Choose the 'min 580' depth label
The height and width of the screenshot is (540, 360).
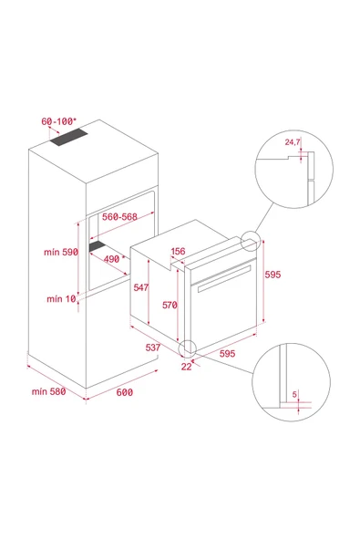[48, 391]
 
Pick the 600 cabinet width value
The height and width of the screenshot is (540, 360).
[124, 392]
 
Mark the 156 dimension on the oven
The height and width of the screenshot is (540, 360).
[179, 252]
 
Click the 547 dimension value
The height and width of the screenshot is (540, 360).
[139, 286]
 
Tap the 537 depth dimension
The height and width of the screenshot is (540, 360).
[152, 348]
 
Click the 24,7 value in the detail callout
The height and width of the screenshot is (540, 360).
[293, 143]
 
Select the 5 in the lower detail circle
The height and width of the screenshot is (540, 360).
[295, 394]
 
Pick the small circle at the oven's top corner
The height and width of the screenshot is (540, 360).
[250, 240]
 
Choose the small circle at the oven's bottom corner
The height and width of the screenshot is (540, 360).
[188, 348]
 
